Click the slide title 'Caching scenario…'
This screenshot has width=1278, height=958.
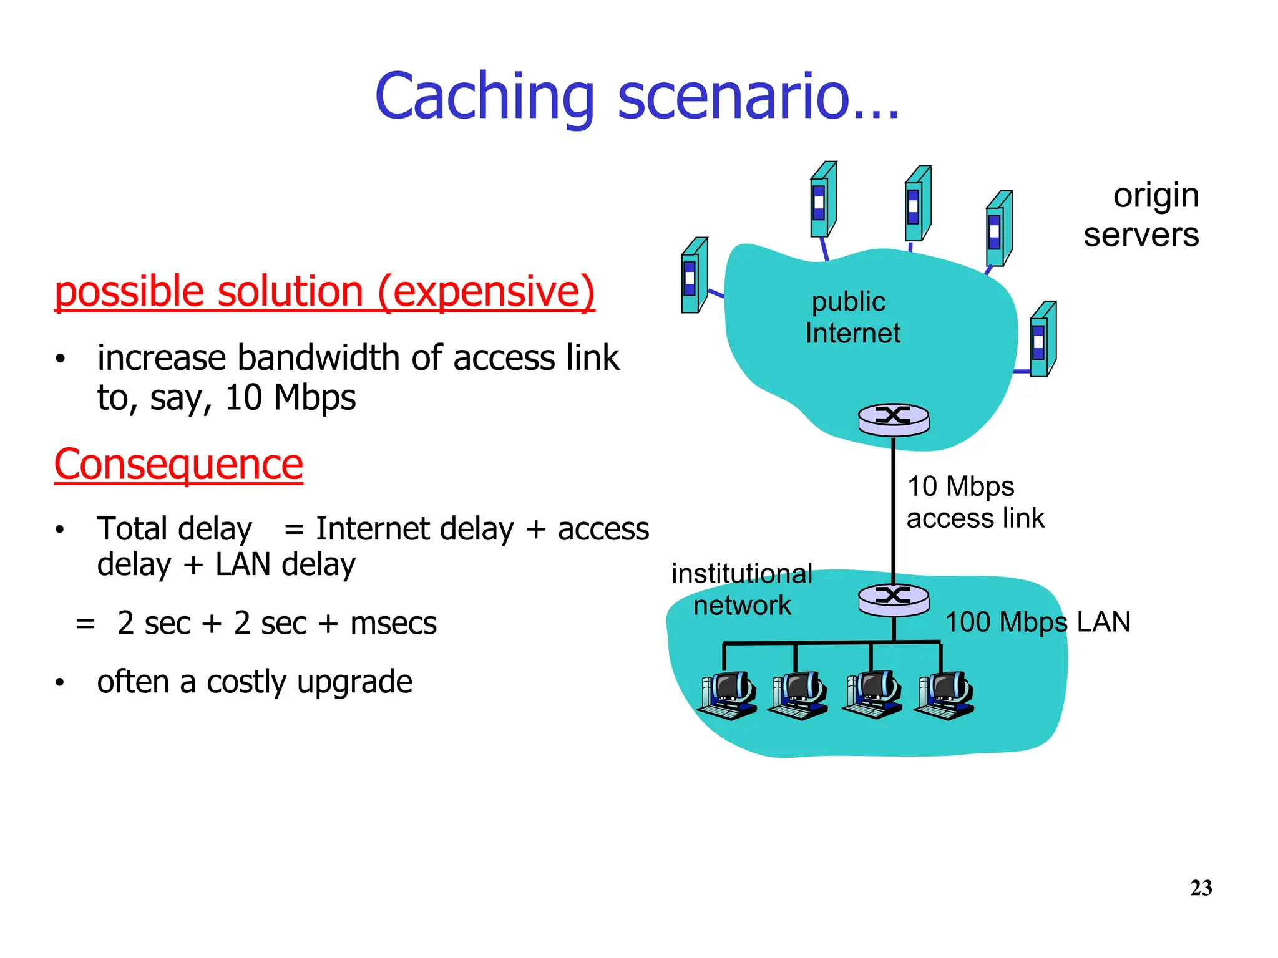(637, 97)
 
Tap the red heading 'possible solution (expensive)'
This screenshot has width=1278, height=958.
(324, 292)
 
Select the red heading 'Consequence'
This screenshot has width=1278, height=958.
(178, 465)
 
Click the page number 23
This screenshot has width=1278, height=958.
(1201, 888)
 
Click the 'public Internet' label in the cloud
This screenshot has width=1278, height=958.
(852, 317)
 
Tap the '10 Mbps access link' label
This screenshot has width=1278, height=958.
(975, 502)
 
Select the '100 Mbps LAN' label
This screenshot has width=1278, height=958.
(1037, 622)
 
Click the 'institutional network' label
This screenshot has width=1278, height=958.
(741, 589)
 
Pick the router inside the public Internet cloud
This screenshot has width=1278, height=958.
(894, 419)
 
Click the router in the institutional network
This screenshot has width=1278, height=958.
(894, 599)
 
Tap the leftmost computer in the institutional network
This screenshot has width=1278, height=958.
(728, 695)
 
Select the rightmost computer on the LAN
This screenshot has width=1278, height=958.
(944, 695)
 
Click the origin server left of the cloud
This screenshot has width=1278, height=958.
(694, 275)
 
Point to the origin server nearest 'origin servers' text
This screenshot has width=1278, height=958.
(998, 229)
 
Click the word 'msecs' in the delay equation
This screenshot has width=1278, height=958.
(393, 623)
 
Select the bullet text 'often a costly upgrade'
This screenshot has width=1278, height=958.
(255, 682)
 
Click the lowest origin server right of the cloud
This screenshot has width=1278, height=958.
(1042, 339)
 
